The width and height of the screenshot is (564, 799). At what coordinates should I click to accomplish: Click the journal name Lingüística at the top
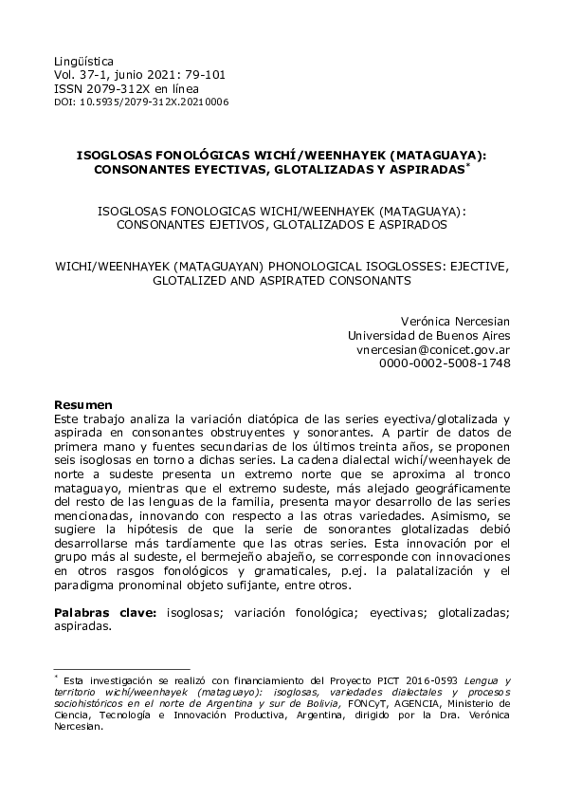(x=82, y=58)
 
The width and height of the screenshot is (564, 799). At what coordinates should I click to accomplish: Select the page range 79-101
(x=199, y=74)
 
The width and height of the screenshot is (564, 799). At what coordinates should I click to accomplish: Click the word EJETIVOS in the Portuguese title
(x=239, y=226)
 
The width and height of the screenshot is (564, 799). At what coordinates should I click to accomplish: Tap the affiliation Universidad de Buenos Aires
(x=429, y=335)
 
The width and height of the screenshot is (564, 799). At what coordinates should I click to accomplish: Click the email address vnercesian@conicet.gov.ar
(x=433, y=349)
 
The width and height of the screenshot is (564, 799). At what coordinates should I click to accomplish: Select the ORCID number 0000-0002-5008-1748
(x=445, y=362)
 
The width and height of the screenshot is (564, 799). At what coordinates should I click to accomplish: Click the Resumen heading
(x=83, y=404)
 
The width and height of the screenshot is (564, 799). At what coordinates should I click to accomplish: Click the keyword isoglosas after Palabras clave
(x=185, y=614)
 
